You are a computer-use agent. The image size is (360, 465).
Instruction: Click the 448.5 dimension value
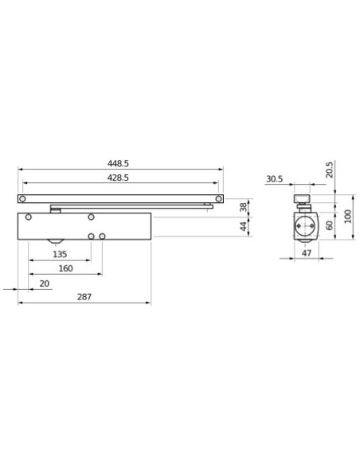[x=120, y=163]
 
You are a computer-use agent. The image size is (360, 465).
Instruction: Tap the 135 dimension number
[x=60, y=254]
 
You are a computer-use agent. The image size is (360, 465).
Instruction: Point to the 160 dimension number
[x=65, y=268]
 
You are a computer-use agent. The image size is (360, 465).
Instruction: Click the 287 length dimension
[x=84, y=297]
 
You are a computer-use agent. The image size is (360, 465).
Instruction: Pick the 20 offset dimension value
[x=44, y=283]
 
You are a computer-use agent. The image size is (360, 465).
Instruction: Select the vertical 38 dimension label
[x=244, y=207]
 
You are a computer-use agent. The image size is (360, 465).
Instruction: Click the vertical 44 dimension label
[x=244, y=226]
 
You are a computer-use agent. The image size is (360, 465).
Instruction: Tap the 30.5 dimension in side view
[x=274, y=179]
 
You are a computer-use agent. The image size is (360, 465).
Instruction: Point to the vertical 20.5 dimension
[x=330, y=170]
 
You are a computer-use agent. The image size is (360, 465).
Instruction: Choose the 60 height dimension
[x=330, y=225]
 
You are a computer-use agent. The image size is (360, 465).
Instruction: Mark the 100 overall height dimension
[x=348, y=216]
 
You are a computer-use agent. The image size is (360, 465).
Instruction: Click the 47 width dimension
[x=306, y=253]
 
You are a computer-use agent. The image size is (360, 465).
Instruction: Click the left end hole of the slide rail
[x=22, y=198]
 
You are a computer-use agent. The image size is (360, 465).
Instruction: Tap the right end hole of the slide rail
[x=218, y=198]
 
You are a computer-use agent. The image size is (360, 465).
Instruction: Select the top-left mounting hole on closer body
[x=29, y=217]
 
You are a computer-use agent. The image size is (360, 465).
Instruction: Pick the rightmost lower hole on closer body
[x=103, y=236]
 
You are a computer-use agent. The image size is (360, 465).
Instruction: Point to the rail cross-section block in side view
[x=303, y=199]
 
